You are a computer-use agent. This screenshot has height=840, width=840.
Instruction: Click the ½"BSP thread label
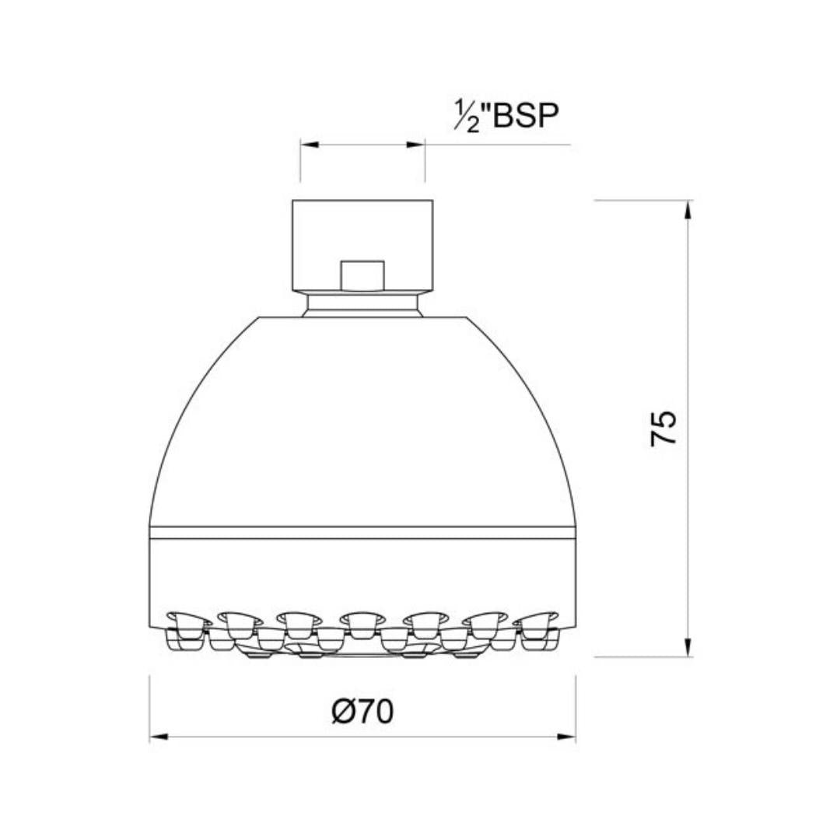[506, 116]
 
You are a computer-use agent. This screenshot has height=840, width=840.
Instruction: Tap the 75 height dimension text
[663, 429]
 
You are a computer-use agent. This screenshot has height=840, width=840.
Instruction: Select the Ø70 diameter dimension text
[362, 712]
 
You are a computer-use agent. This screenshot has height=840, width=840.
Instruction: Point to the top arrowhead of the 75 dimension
[688, 210]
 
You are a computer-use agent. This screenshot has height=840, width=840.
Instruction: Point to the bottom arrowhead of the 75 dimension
[688, 647]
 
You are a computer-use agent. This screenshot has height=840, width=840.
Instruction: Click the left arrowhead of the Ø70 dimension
[159, 737]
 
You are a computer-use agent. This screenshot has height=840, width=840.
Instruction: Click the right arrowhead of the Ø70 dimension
[566, 737]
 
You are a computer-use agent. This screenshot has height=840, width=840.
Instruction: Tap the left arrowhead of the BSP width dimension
[310, 145]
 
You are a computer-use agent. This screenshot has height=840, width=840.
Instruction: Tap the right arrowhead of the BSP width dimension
[415, 145]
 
